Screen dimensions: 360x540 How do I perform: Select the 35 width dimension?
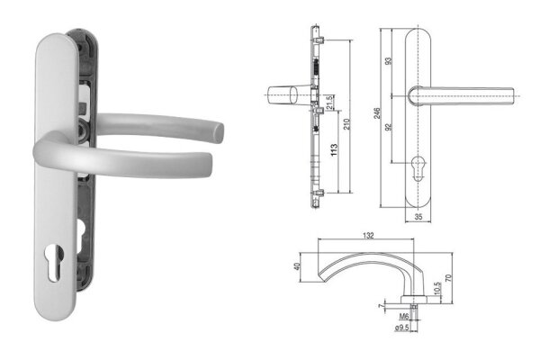[418, 217]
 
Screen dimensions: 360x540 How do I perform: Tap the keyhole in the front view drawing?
[418, 170]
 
